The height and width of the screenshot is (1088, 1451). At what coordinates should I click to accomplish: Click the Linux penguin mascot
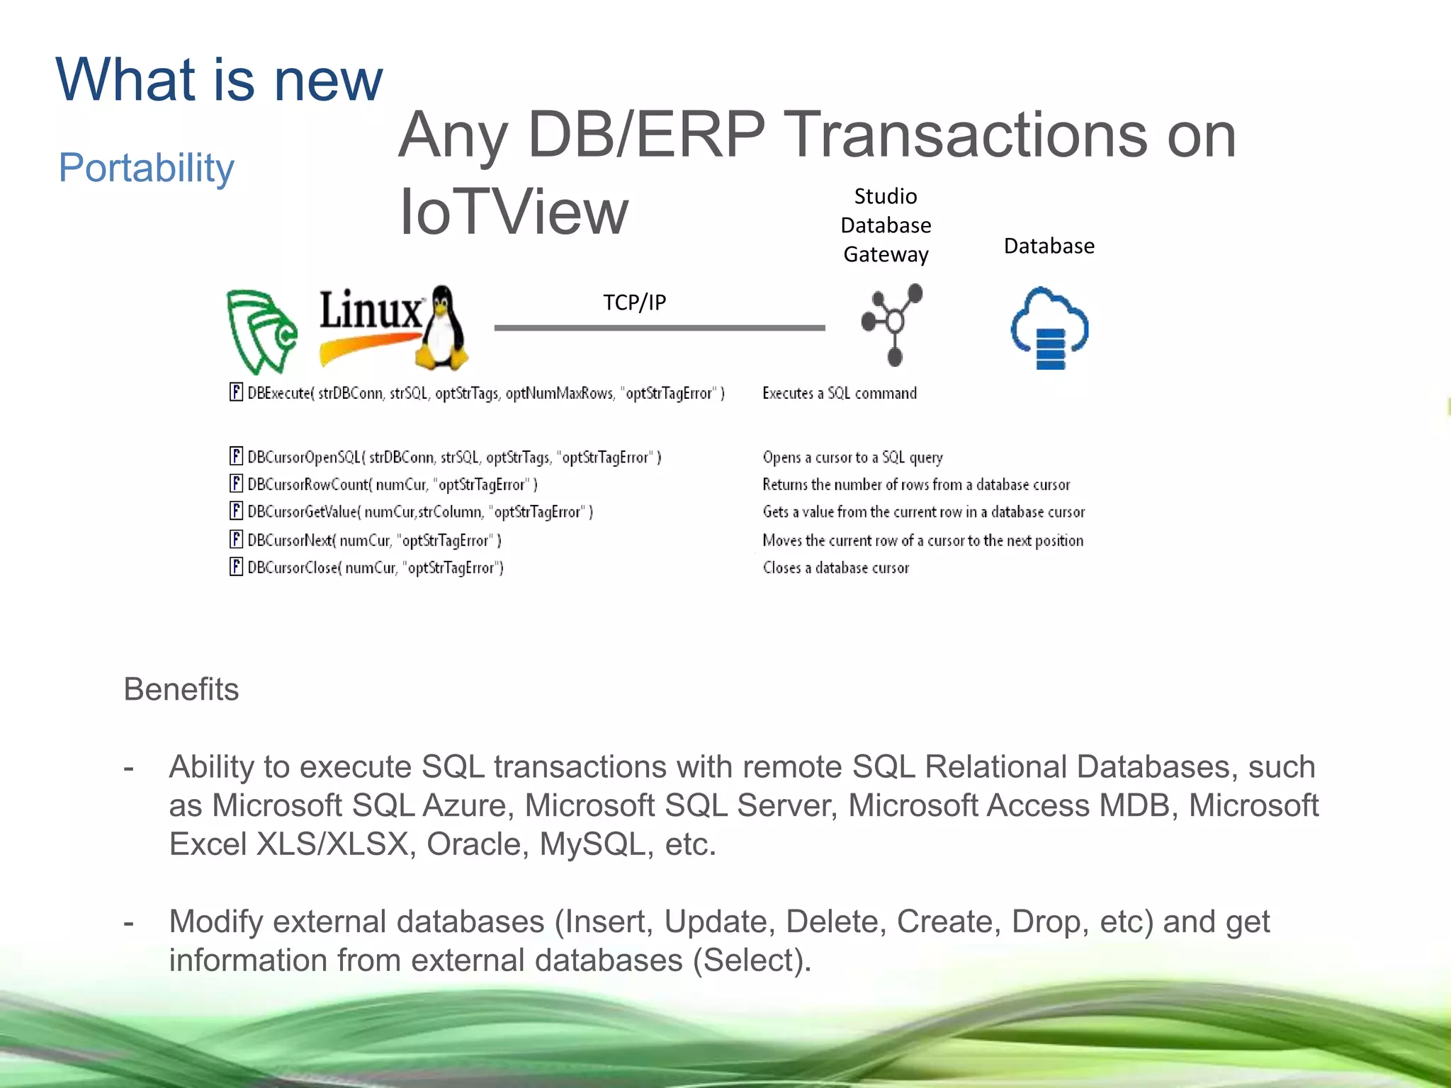442,329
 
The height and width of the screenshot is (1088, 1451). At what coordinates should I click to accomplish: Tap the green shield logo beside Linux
261,331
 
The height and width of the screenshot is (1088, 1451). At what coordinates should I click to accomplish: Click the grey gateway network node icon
893,324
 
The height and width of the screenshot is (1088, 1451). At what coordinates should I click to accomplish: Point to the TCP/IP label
634,302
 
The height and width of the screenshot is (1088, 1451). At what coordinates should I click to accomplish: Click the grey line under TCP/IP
659,328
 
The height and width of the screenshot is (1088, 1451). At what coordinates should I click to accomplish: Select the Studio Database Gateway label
886,225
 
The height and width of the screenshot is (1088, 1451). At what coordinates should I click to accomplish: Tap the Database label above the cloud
1049,246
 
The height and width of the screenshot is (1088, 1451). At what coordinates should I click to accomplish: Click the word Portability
146,168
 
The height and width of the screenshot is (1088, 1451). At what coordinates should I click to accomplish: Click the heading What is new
219,79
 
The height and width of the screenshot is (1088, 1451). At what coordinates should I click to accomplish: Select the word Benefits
181,689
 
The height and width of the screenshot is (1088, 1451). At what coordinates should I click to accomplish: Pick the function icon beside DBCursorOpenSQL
236,456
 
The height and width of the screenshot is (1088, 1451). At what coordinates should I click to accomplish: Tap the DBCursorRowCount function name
308,484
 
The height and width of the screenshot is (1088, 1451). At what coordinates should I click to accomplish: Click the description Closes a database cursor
835,568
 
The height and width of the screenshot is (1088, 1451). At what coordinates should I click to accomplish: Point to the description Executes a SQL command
839,393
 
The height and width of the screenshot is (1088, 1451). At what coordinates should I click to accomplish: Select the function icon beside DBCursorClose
236,567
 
